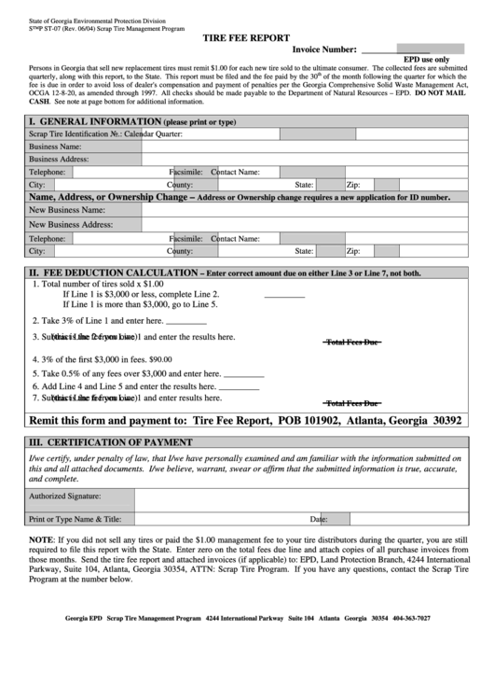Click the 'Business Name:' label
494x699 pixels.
[55, 147]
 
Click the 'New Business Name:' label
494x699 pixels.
[66, 211]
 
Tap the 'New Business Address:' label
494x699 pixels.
[71, 225]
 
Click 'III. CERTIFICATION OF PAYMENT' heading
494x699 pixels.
[111, 442]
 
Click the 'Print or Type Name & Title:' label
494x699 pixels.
[75, 518]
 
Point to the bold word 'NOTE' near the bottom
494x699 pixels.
[40, 540]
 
